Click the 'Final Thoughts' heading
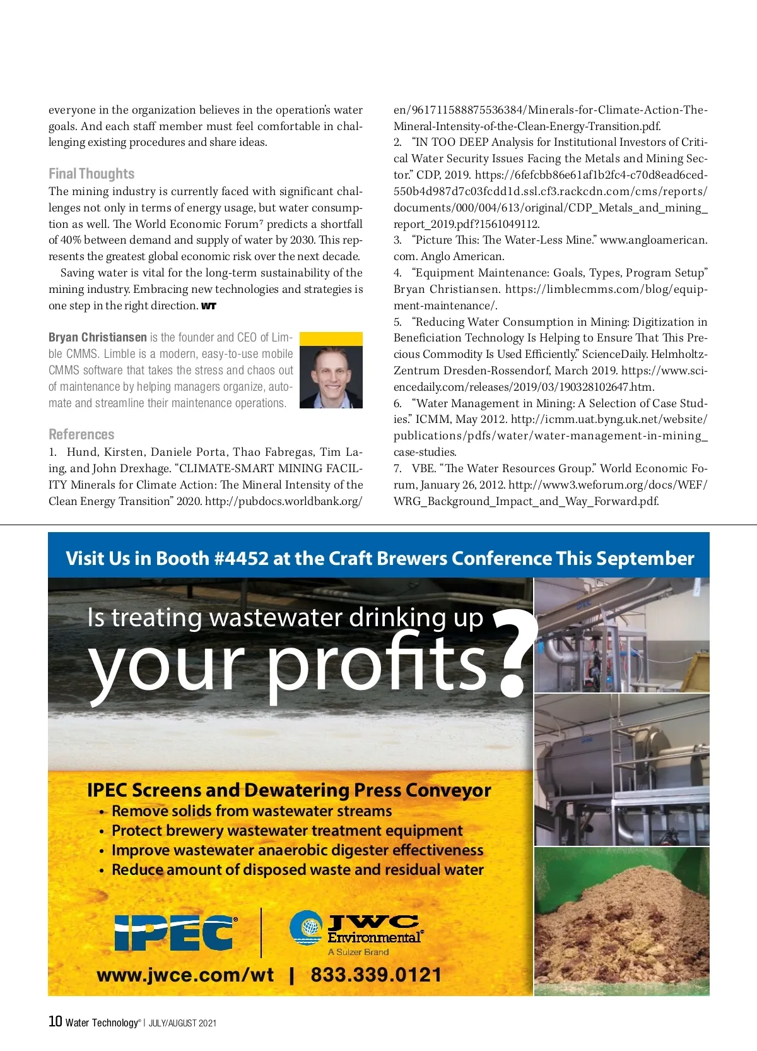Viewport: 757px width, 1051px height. (x=91, y=174)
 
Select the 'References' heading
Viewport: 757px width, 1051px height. (x=81, y=434)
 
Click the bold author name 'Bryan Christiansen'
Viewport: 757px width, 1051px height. (x=98, y=338)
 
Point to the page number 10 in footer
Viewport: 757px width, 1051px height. (x=55, y=1021)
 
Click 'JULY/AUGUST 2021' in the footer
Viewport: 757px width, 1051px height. (x=182, y=1023)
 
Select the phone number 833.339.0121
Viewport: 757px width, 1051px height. (x=376, y=975)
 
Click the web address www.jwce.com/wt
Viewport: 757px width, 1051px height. (x=185, y=975)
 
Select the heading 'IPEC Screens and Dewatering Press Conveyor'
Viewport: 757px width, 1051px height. (x=289, y=790)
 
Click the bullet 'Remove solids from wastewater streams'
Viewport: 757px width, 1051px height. (x=252, y=811)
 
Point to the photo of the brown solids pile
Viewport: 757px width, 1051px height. (x=622, y=921)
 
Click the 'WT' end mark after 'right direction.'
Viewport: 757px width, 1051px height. (x=209, y=306)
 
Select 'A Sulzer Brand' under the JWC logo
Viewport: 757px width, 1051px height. (x=358, y=952)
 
